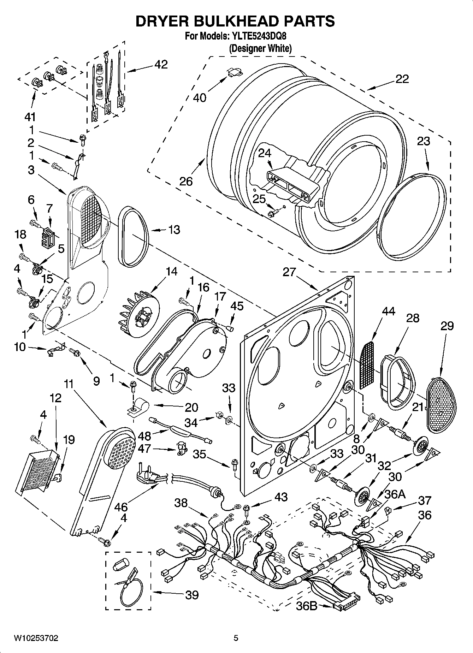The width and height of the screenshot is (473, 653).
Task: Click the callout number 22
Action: pos(402,78)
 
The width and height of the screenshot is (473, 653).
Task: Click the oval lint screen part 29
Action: pos(442,405)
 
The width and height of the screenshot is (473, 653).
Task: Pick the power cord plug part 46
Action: pos(147,478)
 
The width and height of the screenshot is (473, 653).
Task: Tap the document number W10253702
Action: pos(36,638)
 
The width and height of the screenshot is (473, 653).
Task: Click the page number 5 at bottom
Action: pos(236,638)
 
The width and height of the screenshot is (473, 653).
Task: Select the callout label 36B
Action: pos(307,606)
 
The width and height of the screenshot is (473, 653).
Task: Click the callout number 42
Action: pos(161,64)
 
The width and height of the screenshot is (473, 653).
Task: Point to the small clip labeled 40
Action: pos(234,73)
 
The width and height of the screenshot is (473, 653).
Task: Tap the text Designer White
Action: pos(260,48)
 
